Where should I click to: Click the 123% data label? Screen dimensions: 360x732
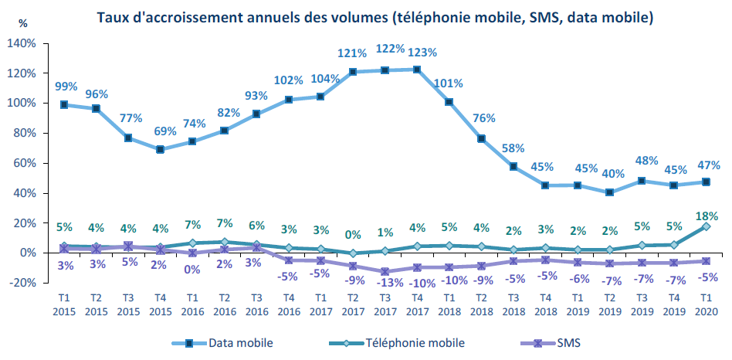point(424,53)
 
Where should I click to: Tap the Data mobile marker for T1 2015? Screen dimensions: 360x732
point(64,104)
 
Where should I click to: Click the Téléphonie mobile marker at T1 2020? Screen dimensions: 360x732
point(706,226)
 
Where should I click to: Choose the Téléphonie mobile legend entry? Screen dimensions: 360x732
point(402,341)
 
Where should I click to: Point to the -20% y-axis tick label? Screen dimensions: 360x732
point(22,283)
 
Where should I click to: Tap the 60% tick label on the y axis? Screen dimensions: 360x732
point(25,163)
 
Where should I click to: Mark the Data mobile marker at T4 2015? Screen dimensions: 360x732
point(160,150)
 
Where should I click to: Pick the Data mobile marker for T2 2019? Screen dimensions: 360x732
point(610,192)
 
